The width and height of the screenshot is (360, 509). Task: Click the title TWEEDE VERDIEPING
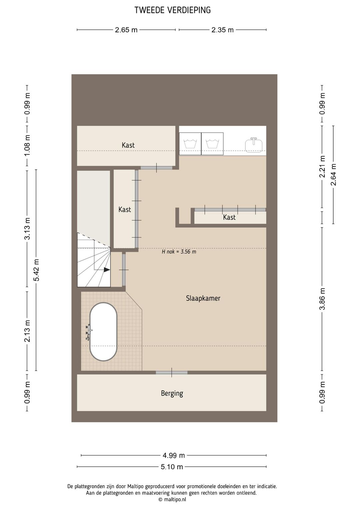[173, 10]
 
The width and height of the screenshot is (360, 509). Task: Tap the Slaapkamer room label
[203, 298]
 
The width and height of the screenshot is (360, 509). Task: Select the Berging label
[172, 393]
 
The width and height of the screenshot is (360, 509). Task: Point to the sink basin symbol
[254, 144]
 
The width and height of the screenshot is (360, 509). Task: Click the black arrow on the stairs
[107, 270]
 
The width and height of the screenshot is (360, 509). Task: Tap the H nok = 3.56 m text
[179, 252]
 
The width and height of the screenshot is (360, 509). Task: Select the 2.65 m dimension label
[126, 30]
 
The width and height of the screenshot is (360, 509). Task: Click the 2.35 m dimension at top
[223, 30]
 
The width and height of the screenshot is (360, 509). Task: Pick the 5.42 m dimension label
[36, 270]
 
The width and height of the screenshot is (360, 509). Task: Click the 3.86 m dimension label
[322, 299]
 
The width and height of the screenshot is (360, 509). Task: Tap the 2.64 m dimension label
[333, 174]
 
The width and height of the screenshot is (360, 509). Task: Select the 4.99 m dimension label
[174, 455]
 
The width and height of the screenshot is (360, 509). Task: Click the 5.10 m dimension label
[172, 467]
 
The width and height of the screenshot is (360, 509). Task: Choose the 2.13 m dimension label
[27, 331]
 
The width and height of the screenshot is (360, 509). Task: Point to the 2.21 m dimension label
[322, 166]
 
